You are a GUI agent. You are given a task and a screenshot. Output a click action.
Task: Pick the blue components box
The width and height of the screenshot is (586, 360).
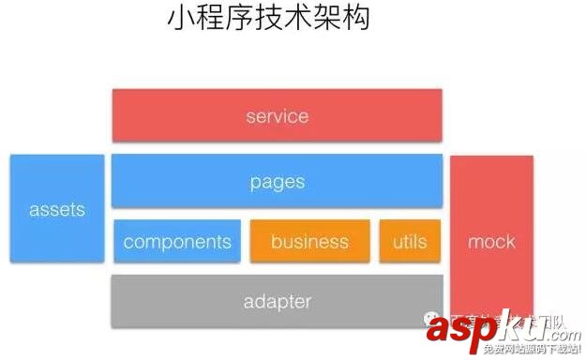coord(177,241)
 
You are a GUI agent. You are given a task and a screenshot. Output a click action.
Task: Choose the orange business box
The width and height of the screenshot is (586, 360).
coord(309,241)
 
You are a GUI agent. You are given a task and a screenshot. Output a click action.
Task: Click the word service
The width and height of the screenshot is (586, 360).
coord(277,117)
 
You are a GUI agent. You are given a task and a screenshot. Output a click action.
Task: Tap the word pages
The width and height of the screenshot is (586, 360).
coord(278,182)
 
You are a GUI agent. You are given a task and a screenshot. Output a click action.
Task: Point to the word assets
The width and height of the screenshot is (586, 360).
coord(57,209)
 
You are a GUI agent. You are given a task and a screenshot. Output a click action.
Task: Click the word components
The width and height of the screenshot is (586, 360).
coord(177,241)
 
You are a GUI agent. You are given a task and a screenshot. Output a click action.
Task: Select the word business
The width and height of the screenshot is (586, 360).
coord(309,241)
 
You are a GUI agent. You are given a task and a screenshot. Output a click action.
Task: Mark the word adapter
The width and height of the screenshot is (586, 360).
coord(277,302)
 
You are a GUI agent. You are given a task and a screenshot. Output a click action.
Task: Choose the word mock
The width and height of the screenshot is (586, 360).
coord(491,242)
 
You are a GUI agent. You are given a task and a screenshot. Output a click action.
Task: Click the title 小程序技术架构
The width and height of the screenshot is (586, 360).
coord(268,19)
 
